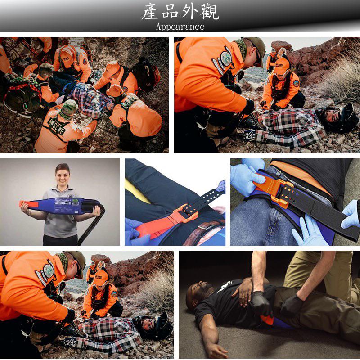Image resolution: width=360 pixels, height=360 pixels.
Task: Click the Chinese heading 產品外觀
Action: [180, 12]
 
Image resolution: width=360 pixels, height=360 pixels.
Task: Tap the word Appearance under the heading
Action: [180, 27]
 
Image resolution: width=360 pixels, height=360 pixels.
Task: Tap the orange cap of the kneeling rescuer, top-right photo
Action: [282, 65]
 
